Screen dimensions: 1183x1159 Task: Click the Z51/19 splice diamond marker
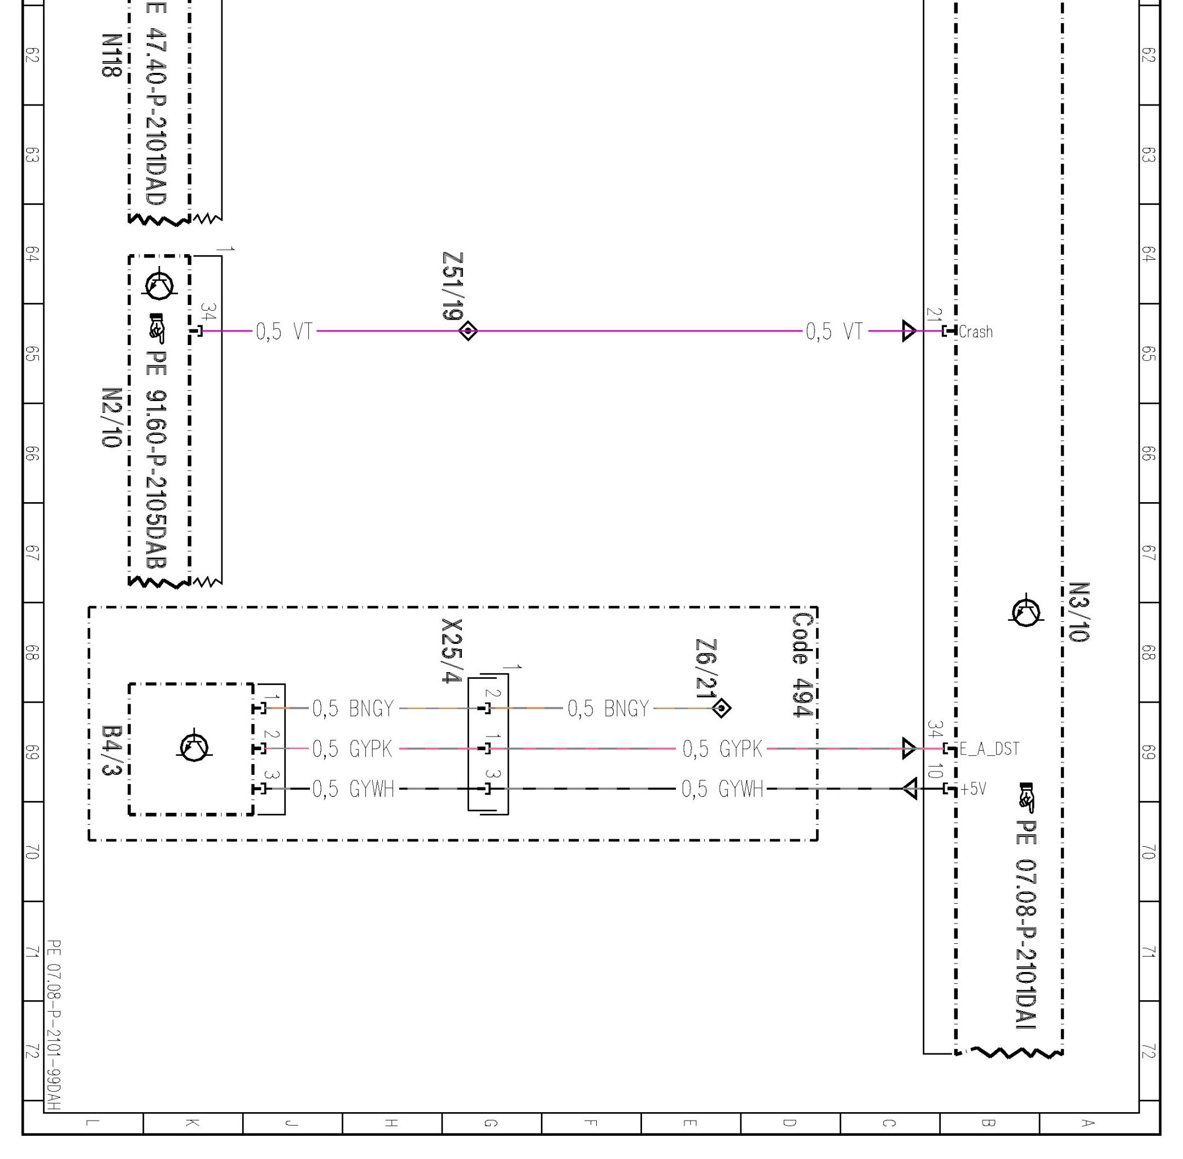coord(468,331)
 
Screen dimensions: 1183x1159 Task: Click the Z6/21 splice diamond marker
coord(721,708)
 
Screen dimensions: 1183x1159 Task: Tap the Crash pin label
coord(976,332)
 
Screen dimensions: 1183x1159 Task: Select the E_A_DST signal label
coord(989,749)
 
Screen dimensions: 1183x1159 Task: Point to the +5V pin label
coord(973,789)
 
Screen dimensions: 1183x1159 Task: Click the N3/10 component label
coord(1079,612)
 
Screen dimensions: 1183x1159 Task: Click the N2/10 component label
coord(111,417)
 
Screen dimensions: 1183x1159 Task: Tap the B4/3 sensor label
coord(112,751)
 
